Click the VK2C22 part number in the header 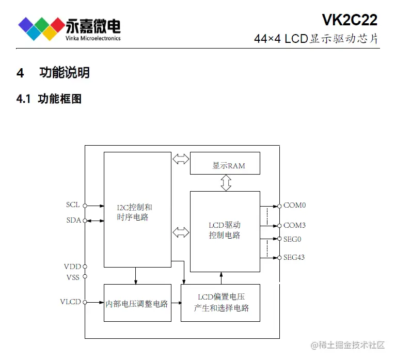[350, 20]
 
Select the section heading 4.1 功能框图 [49, 99]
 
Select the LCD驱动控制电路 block [225, 231]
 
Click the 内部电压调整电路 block [137, 303]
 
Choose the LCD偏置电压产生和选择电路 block [220, 303]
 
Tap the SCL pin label [73, 205]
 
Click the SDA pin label [73, 221]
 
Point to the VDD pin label [72, 267]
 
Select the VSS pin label [72, 277]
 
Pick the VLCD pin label [71, 302]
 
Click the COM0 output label [294, 205]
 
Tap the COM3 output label [294, 225]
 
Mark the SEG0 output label [292, 239]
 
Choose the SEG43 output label [294, 257]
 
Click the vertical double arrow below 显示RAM [226, 183]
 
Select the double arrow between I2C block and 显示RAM [181, 159]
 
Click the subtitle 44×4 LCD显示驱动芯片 [316, 39]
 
